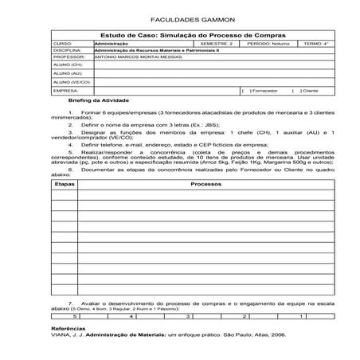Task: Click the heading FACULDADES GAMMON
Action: [179, 18]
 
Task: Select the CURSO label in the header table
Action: [62, 44]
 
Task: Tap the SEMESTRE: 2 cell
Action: [215, 44]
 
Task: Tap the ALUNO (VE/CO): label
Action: [72, 82]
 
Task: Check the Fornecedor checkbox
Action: [242, 92]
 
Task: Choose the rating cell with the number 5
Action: [74, 316]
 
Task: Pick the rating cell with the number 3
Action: [187, 316]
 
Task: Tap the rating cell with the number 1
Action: [300, 316]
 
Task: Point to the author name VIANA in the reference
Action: [61, 335]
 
